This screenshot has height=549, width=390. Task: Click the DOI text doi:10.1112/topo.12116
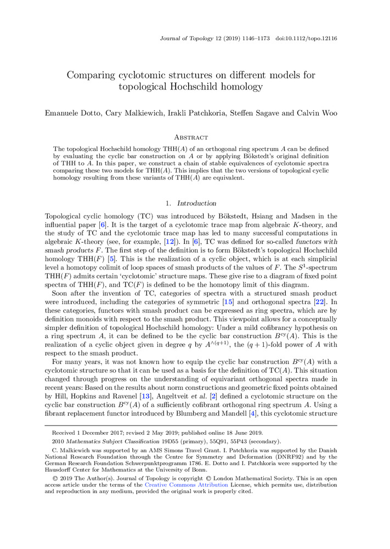click(307, 38)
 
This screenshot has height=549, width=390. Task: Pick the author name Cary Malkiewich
click(137, 113)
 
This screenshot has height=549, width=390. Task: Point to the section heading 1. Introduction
click(195, 203)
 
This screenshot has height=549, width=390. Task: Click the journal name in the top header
click(188, 38)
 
